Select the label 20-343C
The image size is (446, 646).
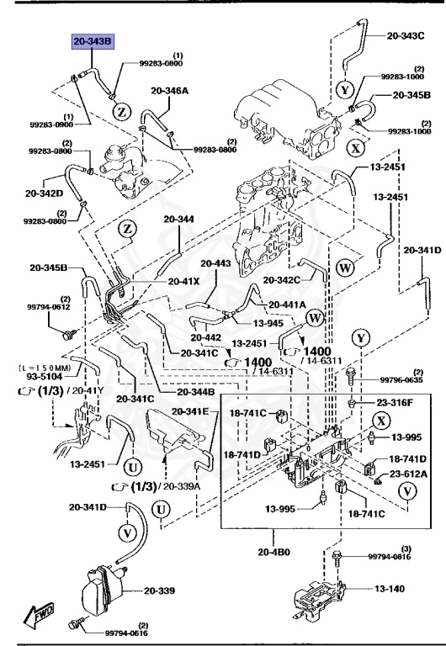406,36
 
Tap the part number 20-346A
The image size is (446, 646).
170,90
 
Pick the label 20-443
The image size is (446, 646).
216,263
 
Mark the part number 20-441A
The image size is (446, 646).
288,304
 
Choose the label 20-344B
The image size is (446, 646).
195,392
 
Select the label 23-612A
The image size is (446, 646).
407,474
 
